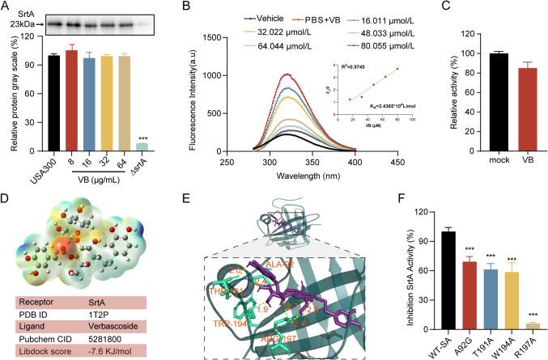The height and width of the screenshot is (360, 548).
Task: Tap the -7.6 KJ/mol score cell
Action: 121,345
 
